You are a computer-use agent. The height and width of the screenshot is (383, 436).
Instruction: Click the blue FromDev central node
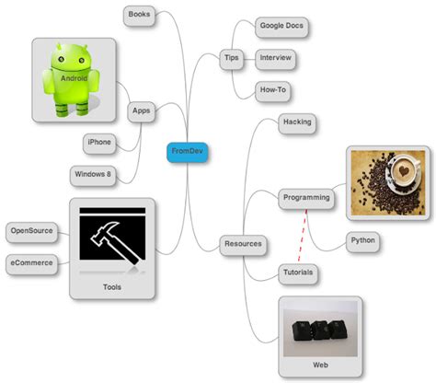pos(188,151)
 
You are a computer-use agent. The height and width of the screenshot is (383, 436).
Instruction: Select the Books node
pos(139,15)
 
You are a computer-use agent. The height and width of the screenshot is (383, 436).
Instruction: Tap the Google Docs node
pos(280,26)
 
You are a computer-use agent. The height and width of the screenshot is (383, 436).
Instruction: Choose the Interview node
pos(276,58)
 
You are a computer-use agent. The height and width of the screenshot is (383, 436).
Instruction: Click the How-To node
pos(274,90)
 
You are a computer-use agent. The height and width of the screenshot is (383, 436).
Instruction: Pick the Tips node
pos(232,58)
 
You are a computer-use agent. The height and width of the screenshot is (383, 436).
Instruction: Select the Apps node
pos(142,111)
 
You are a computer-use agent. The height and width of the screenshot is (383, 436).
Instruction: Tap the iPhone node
pos(98,142)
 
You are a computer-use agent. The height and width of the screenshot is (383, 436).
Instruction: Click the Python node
pos(362,241)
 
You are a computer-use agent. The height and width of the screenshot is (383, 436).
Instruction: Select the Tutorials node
pos(299,273)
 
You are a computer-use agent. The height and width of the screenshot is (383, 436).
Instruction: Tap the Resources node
pos(243,245)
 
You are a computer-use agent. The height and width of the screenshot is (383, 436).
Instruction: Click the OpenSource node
pos(30,230)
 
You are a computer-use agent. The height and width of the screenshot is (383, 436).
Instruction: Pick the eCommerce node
pos(31,264)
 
